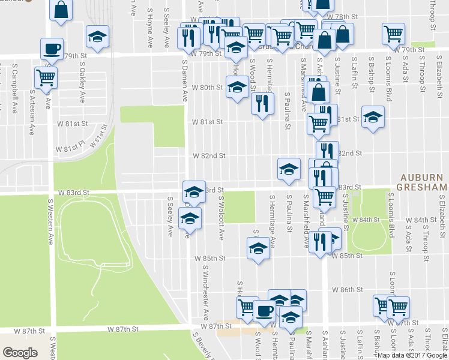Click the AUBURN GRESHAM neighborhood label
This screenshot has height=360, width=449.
pos(423,183)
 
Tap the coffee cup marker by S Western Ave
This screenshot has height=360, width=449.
pos(52,49)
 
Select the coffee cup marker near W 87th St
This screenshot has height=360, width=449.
pos(264,311)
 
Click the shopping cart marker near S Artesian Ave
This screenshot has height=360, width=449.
pos(46,77)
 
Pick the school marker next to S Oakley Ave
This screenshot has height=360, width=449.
pos(97,37)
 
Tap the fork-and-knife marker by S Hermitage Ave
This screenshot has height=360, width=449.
pos(262,104)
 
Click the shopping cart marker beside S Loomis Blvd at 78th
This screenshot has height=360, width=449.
pos(393,35)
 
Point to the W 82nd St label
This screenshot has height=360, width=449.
pos(209,155)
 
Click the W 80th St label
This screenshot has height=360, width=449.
pos(207,88)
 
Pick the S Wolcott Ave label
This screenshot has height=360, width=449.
pos(221,217)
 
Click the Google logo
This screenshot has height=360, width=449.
pos(20,352)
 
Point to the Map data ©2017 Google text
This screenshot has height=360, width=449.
pos(411,355)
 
